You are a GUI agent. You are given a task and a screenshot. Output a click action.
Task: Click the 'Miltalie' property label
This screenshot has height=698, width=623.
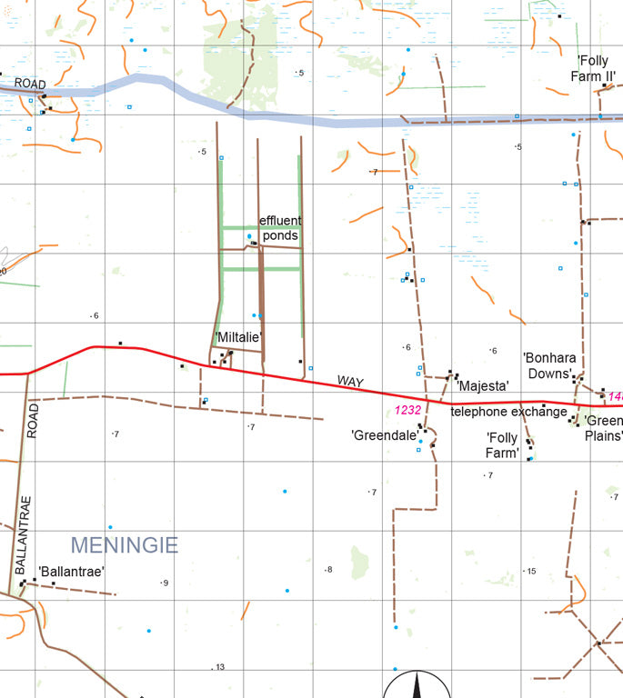(238, 337)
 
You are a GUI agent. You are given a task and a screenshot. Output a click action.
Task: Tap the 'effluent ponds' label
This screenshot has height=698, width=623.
(280, 228)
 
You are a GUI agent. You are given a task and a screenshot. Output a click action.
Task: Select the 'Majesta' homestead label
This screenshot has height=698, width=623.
(483, 386)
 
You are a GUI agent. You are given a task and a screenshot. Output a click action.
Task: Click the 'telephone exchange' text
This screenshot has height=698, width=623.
(508, 412)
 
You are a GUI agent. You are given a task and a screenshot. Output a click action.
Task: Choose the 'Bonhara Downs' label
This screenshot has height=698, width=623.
(550, 365)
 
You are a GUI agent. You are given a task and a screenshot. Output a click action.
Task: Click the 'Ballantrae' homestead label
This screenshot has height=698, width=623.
(71, 572)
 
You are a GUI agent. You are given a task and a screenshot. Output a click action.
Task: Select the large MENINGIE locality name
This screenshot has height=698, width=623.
(124, 545)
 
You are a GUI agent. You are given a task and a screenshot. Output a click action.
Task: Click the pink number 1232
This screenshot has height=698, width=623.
(408, 410)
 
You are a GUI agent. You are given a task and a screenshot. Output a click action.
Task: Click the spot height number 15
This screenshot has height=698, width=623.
(531, 571)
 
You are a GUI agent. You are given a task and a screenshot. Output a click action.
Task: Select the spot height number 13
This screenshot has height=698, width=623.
(219, 667)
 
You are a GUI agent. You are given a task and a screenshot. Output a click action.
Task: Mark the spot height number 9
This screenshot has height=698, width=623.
(166, 583)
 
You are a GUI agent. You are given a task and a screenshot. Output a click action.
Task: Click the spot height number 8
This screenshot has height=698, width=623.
(329, 570)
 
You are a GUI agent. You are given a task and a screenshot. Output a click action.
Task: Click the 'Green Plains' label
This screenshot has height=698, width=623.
(603, 428)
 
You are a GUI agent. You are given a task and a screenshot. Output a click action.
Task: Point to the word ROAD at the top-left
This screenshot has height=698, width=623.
(29, 84)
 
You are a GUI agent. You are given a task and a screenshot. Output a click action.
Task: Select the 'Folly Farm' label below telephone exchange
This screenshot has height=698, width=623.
(502, 444)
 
